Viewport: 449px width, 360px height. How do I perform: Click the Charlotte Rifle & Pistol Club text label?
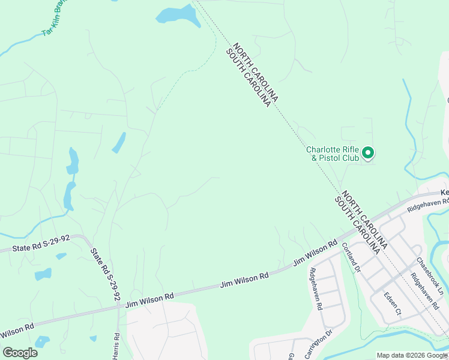coord(333,154)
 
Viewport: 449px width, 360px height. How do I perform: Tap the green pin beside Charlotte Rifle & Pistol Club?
coord(369,154)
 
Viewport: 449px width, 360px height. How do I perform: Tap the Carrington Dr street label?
coord(319,343)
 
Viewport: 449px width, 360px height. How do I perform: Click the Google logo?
coord(20,353)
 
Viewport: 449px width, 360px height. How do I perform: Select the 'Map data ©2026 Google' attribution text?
coord(411,355)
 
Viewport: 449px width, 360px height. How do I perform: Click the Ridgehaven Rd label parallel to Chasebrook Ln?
coord(425,291)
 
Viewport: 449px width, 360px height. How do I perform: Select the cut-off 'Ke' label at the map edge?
coord(444,192)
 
